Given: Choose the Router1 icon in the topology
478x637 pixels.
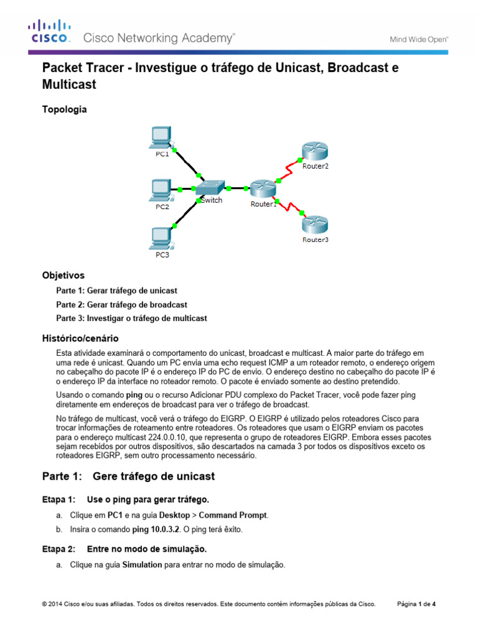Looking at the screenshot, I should pyautogui.click(x=262, y=189).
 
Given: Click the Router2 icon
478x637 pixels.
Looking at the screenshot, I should pyautogui.click(x=314, y=153).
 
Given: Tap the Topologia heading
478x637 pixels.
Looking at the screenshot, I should pyautogui.click(x=64, y=109).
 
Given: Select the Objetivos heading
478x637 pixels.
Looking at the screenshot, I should pyautogui.click(x=63, y=275).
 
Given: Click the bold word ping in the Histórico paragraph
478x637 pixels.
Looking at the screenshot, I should pyautogui.click(x=134, y=395).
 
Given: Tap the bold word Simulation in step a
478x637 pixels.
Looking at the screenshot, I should pyautogui.click(x=142, y=565).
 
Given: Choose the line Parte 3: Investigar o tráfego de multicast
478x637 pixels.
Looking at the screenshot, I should pyautogui.click(x=131, y=318).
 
